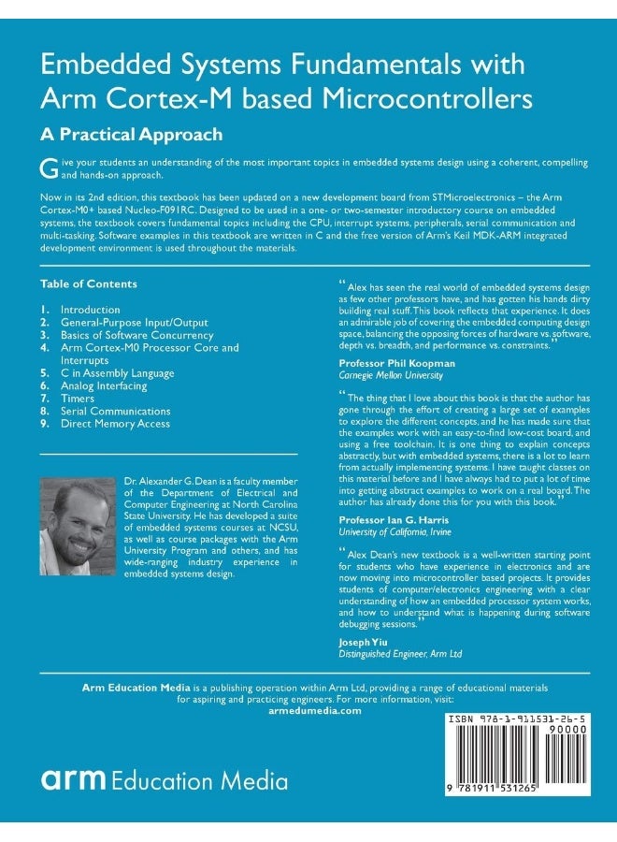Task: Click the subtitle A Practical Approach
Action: pos(131,134)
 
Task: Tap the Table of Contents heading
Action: pos(89,283)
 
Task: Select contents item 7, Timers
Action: pos(79,399)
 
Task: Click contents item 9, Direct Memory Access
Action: pos(115,424)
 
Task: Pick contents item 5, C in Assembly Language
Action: pos(117,373)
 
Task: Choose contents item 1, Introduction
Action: pos(90,310)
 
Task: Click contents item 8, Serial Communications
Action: pos(115,411)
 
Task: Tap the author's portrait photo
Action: pos(78,526)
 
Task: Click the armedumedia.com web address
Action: pos(308,711)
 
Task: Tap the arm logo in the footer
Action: pos(73,780)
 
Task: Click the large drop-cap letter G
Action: pos(48,167)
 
